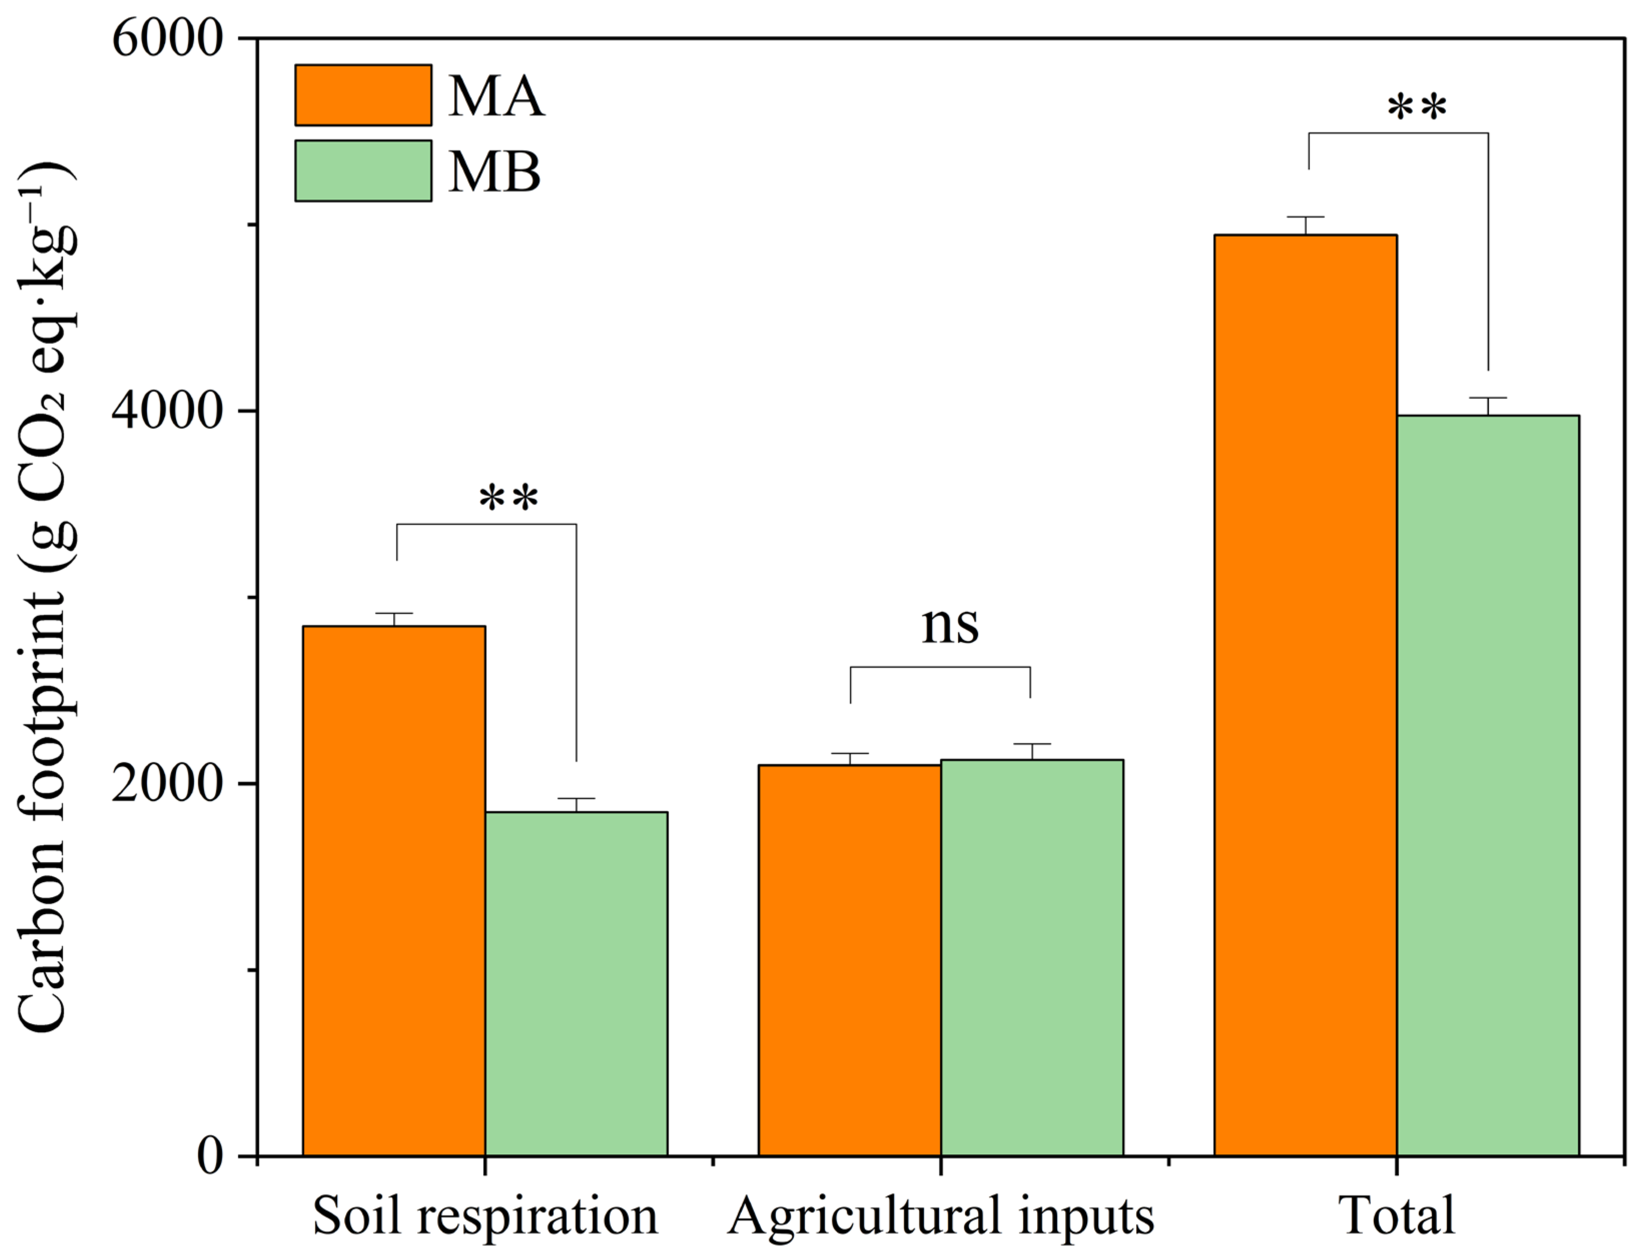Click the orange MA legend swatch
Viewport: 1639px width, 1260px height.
[363, 95]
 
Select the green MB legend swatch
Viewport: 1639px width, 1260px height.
[363, 171]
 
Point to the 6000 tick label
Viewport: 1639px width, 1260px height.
[168, 39]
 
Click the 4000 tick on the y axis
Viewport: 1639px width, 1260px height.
[168, 411]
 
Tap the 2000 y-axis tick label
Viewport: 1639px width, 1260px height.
[168, 784]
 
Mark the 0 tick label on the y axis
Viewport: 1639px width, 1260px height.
[210, 1156]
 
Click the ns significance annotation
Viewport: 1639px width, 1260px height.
[949, 626]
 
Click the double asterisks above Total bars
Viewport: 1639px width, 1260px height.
[1416, 109]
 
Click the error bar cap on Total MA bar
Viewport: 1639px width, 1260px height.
[1306, 217]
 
